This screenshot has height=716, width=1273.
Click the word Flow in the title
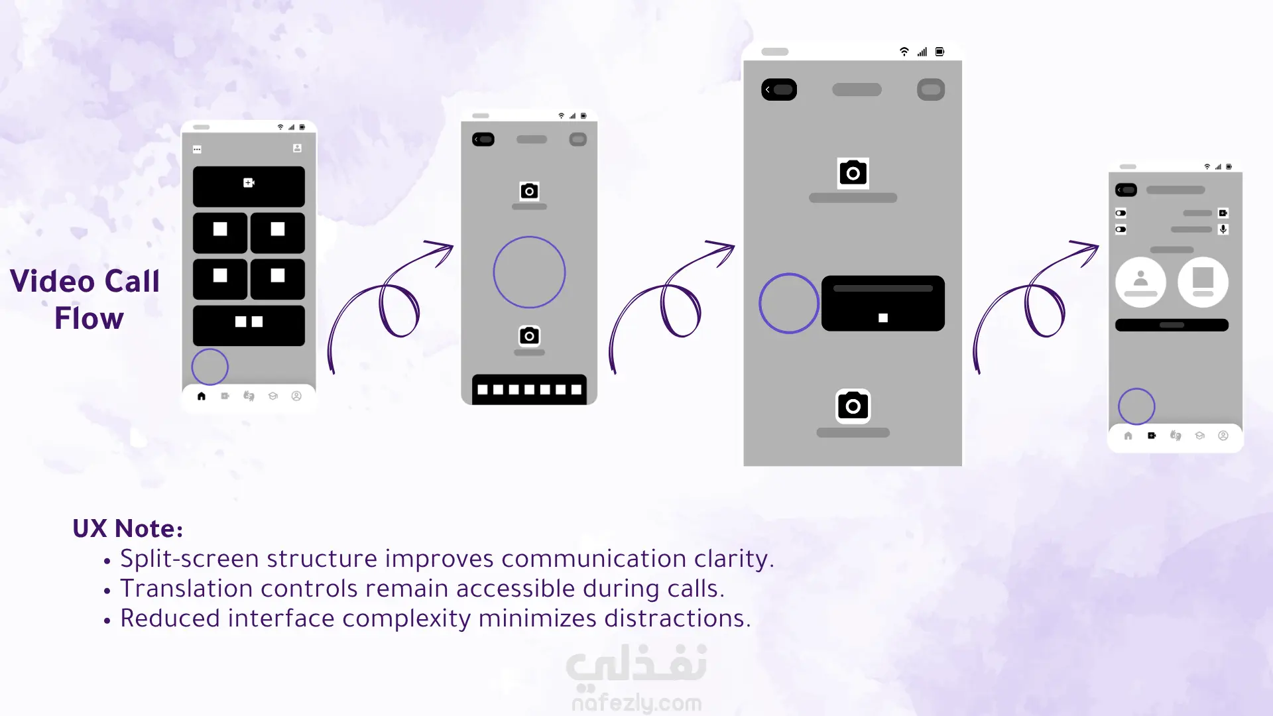tap(89, 318)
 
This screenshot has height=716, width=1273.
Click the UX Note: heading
tap(127, 528)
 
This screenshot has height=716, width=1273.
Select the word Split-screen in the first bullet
tap(190, 559)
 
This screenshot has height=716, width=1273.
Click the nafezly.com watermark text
tap(636, 703)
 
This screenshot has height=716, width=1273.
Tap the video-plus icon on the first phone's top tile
tap(249, 182)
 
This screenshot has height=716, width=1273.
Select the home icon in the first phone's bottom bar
tap(202, 396)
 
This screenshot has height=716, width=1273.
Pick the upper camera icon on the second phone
tap(529, 191)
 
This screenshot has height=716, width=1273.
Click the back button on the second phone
tap(483, 139)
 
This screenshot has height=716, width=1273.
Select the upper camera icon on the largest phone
tap(853, 173)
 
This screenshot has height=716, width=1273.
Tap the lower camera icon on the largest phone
tap(853, 406)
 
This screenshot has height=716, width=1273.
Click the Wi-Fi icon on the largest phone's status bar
tap(904, 52)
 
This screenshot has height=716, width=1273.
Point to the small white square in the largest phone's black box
tap(883, 318)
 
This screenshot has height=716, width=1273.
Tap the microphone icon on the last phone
tap(1223, 229)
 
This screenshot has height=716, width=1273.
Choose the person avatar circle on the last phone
tap(1141, 282)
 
